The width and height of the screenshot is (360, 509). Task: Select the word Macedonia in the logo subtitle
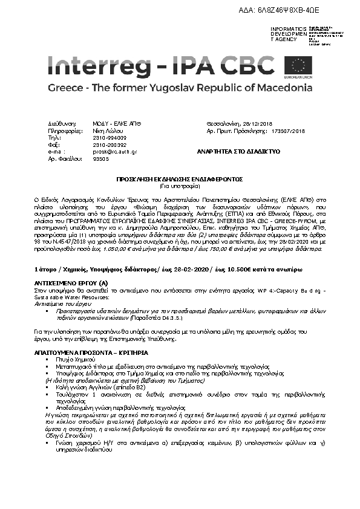tap(281, 88)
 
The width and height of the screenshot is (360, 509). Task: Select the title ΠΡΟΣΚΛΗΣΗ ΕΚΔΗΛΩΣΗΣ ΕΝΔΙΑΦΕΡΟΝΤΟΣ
tap(180, 180)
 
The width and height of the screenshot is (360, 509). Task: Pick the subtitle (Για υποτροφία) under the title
tap(180, 186)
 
